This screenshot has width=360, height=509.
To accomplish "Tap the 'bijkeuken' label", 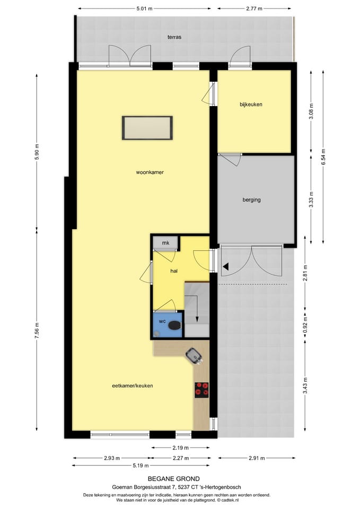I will coord(251,104).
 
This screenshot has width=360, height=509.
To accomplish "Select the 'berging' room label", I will coord(251,200).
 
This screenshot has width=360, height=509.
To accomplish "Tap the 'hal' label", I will coord(173,270).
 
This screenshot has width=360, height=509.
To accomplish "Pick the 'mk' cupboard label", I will coord(165,243).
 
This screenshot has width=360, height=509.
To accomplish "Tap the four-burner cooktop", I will coord(202,390).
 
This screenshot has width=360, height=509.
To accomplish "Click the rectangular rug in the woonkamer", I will coord(148,128).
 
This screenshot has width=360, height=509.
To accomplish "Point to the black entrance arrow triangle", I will coord(225,267).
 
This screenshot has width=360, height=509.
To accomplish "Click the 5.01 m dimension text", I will coord(144,9).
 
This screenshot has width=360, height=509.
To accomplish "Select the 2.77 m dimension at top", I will coord(254,9).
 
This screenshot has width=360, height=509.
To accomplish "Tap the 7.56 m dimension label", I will coord(37,331).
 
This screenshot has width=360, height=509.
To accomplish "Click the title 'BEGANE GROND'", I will coord(174,479).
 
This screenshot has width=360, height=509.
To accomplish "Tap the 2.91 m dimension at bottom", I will coord(257,458).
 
